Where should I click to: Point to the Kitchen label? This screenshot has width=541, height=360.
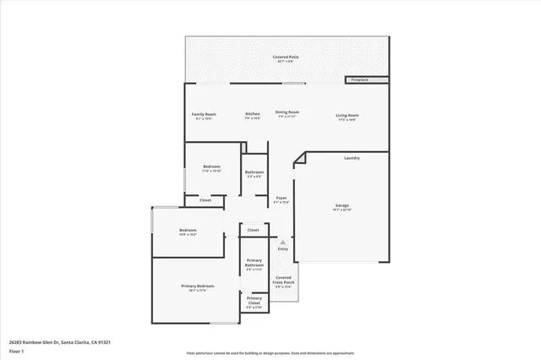[253, 114]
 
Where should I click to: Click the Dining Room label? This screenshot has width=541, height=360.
[287, 112]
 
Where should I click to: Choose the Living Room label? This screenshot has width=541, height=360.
[347, 115]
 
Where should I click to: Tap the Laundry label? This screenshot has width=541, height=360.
[352, 158]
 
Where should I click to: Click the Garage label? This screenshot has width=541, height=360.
[342, 205]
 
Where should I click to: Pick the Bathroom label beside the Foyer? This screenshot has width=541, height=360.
[254, 172]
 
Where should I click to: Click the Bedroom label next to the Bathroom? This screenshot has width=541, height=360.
[211, 166]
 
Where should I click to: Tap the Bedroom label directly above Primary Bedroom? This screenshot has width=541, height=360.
[187, 231]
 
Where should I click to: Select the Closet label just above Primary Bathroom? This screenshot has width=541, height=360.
[254, 229]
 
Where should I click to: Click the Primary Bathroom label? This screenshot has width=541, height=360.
[254, 264]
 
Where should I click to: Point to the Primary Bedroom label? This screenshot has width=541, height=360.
[198, 286]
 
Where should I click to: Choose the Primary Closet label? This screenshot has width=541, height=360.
[254, 300]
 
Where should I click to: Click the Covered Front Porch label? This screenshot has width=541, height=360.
[284, 280]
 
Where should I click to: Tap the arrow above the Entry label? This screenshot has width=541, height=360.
[283, 241]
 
